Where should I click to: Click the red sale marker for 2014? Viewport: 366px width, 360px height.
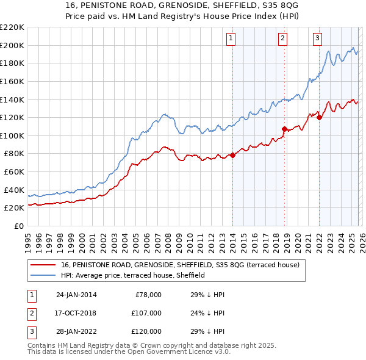(232, 155)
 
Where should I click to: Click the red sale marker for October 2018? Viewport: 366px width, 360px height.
(284, 129)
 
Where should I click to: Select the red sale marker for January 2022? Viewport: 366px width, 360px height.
(319, 117)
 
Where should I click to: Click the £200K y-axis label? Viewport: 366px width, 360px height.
(12, 45)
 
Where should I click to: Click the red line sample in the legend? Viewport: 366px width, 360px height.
(43, 265)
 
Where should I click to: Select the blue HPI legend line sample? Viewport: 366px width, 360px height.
(43, 275)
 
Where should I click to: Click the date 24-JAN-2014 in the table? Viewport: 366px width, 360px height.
(76, 295)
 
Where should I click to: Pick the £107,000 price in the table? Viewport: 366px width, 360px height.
(146, 313)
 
